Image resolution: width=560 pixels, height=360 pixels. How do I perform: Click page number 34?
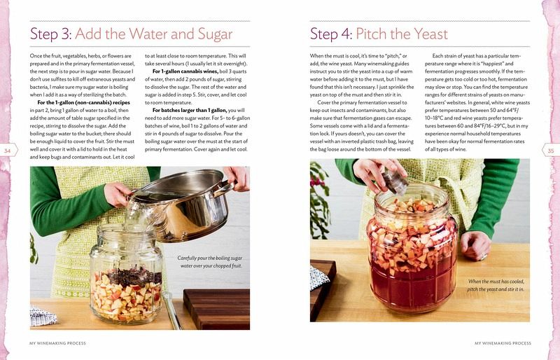7,151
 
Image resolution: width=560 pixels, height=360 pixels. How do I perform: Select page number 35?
551,151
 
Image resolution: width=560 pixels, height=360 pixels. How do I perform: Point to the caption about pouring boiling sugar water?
209,262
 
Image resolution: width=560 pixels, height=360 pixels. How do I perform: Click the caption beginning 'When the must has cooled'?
496,285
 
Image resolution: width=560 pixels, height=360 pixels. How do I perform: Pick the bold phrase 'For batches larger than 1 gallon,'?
189,111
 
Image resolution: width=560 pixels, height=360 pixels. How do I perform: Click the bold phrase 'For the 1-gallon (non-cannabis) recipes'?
83,102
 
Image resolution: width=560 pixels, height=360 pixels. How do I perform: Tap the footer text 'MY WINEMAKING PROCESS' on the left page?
57,343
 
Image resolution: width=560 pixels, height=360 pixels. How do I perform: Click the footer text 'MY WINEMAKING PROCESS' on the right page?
503,343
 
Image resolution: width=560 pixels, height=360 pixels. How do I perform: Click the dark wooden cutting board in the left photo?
216,309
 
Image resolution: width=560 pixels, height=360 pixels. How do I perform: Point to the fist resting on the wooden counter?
475,245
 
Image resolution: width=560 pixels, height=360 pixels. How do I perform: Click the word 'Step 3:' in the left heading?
51,35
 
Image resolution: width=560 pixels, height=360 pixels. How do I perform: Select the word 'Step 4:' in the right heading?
332,35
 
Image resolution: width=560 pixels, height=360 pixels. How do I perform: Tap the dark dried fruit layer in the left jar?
134,277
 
